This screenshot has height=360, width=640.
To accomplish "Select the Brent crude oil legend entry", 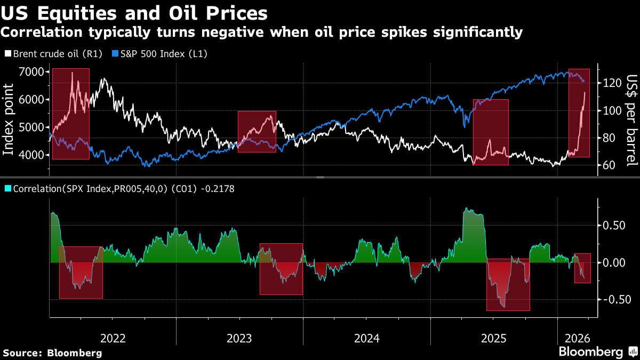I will pyautogui.click(x=53, y=54).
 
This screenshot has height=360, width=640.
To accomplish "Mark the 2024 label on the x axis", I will pyautogui.click(x=366, y=338).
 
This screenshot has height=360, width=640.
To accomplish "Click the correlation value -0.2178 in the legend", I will pyautogui.click(x=217, y=188).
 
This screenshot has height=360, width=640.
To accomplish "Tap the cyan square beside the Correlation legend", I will pyautogui.click(x=7, y=188).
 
